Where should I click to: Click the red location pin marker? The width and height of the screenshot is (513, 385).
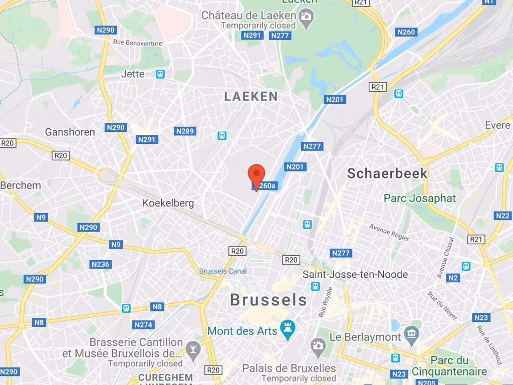click(256, 175)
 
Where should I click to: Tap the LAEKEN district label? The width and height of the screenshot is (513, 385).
click(251, 96)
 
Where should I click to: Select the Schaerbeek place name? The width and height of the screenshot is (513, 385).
click(387, 173)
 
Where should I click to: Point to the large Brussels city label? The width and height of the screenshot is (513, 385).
click(269, 300)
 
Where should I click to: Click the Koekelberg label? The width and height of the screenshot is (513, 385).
click(168, 203)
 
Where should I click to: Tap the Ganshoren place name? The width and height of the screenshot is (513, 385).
click(70, 132)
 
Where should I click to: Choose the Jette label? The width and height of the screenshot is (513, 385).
click(133, 74)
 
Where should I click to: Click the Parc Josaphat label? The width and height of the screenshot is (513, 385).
click(420, 198)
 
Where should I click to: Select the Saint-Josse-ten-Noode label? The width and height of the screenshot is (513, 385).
click(355, 274)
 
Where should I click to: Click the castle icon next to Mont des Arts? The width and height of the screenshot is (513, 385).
click(288, 329)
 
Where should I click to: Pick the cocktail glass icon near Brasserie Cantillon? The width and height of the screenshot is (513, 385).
click(192, 348)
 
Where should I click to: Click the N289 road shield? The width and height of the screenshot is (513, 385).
click(185, 131)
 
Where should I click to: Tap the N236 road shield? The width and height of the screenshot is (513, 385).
click(100, 264)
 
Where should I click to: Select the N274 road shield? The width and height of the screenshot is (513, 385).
click(143, 325)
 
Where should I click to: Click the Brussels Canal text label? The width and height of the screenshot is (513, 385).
click(223, 271)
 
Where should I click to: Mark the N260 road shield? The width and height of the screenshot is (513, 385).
click(406, 32)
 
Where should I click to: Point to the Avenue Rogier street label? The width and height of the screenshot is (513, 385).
click(389, 232)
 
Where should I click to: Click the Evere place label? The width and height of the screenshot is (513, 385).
click(497, 125)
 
